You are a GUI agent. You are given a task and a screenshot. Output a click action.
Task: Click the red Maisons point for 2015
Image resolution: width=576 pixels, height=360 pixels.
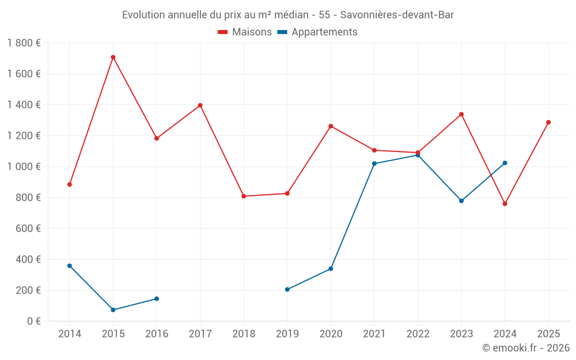pyautogui.click(x=113, y=57)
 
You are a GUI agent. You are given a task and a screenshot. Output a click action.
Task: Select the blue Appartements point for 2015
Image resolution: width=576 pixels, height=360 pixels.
pyautogui.click(x=113, y=310)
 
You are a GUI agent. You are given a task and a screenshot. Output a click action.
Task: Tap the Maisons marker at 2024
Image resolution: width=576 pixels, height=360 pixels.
pyautogui.click(x=505, y=204)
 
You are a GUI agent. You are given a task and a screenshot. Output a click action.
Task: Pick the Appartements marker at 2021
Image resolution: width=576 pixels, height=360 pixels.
pyautogui.click(x=374, y=164)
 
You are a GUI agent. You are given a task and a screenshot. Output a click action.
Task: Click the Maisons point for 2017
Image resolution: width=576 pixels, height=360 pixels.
pyautogui.click(x=200, y=105)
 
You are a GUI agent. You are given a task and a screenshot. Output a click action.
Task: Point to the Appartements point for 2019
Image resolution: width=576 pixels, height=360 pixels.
pyautogui.click(x=287, y=289)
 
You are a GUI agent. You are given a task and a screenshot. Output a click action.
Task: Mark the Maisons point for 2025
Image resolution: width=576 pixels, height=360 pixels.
pyautogui.click(x=548, y=122)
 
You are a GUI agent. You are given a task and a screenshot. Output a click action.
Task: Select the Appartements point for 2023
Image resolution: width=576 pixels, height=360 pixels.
pyautogui.click(x=461, y=201)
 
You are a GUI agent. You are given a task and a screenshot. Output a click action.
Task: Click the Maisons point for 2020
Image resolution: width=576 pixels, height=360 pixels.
pyautogui.click(x=331, y=126)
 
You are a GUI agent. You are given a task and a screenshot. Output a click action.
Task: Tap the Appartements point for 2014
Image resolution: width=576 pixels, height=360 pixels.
pyautogui.click(x=70, y=266)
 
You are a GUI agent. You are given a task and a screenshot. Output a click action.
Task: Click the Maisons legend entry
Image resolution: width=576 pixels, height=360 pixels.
pyautogui.click(x=245, y=32)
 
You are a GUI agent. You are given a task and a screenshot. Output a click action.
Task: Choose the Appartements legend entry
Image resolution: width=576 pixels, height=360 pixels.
pyautogui.click(x=317, y=32)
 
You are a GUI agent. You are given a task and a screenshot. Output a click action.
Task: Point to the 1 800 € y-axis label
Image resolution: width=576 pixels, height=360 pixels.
pyautogui.click(x=24, y=43)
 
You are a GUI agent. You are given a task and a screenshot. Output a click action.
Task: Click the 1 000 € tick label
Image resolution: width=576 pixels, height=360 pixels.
pyautogui.click(x=24, y=166)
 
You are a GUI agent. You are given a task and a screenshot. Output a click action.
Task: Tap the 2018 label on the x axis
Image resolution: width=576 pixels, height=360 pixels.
pyautogui.click(x=244, y=334)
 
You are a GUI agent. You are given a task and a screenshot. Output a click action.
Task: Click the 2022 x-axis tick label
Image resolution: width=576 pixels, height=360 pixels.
pyautogui.click(x=418, y=334)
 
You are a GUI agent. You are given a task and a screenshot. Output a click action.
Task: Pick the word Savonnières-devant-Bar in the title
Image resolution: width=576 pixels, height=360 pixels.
pyautogui.click(x=397, y=15)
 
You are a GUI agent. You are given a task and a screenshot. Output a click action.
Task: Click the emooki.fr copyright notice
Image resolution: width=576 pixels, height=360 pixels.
pyautogui.click(x=526, y=348)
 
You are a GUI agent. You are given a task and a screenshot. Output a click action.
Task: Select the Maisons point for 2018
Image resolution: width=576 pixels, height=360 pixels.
pyautogui.click(x=244, y=196)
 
